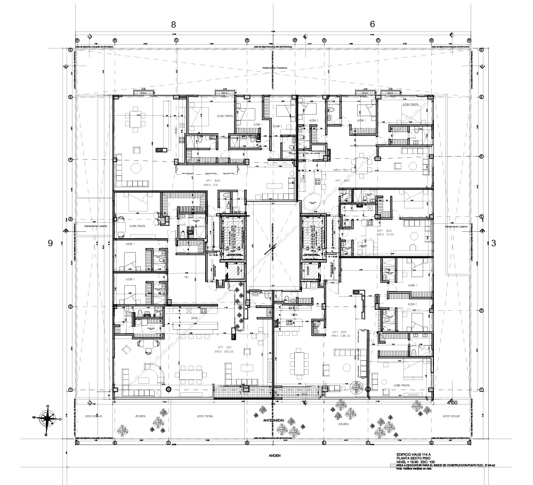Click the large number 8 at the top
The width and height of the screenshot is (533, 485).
pyautogui.click(x=173, y=24)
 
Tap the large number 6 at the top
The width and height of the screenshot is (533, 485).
pyautogui.click(x=372, y=24)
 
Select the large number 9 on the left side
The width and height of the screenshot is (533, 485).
pyautogui.click(x=51, y=243)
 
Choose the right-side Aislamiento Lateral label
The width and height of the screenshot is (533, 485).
pyautogui.click(x=455, y=227)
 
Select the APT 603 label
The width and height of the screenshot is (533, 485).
pyautogui.click(x=342, y=181)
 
